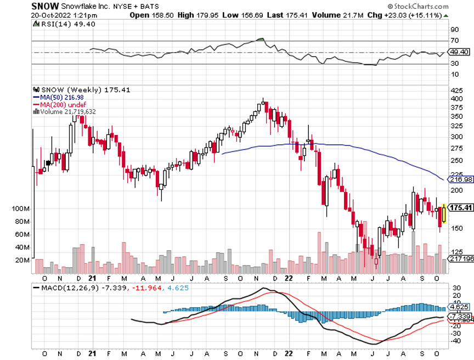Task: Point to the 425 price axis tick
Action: (457, 89)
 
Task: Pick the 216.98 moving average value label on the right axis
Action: (460, 179)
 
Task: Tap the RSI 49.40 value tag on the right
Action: (459, 52)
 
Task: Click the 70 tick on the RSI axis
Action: (454, 41)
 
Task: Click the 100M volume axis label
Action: (21, 209)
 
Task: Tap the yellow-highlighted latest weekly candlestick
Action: (444, 212)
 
